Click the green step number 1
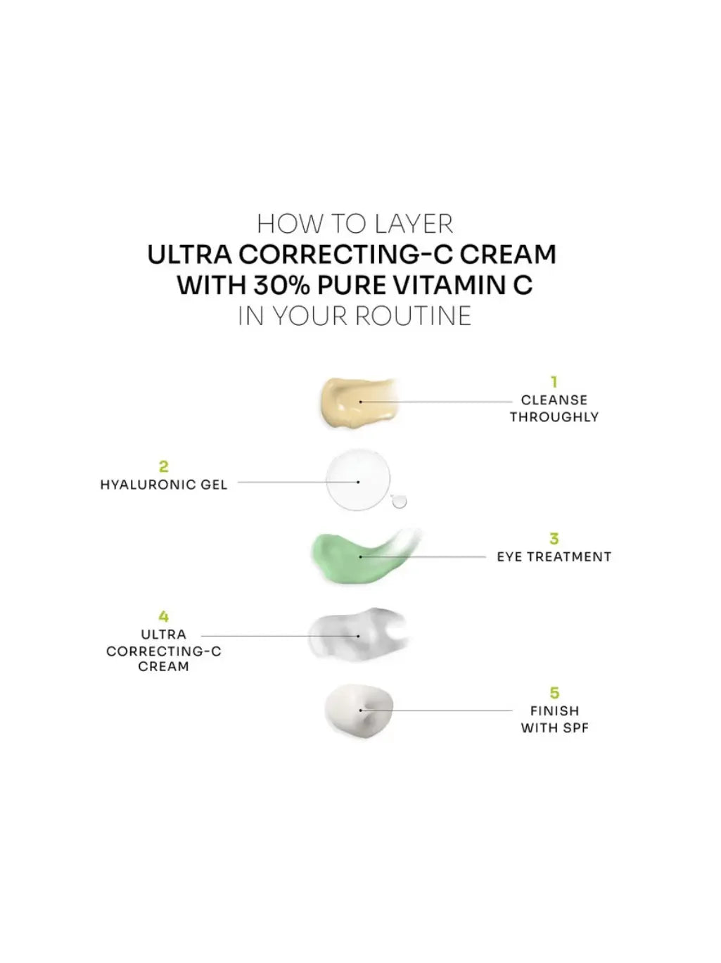pyautogui.click(x=554, y=382)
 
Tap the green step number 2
pyautogui.click(x=164, y=466)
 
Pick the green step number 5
pyautogui.click(x=554, y=693)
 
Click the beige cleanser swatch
pyautogui.click(x=359, y=403)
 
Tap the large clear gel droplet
pyautogui.click(x=358, y=480)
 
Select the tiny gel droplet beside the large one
pyautogui.click(x=399, y=501)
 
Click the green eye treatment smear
pyautogui.click(x=364, y=556)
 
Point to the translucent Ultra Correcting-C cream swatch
pyautogui.click(x=357, y=634)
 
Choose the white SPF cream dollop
pyautogui.click(x=359, y=710)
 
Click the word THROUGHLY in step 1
pyautogui.click(x=554, y=417)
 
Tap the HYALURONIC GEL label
pyautogui.click(x=164, y=485)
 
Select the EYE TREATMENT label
pyautogui.click(x=554, y=556)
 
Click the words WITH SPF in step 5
pyautogui.click(x=554, y=728)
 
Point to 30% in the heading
pyautogui.click(x=281, y=285)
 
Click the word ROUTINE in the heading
pyautogui.click(x=414, y=315)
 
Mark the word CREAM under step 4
pyautogui.click(x=164, y=666)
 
